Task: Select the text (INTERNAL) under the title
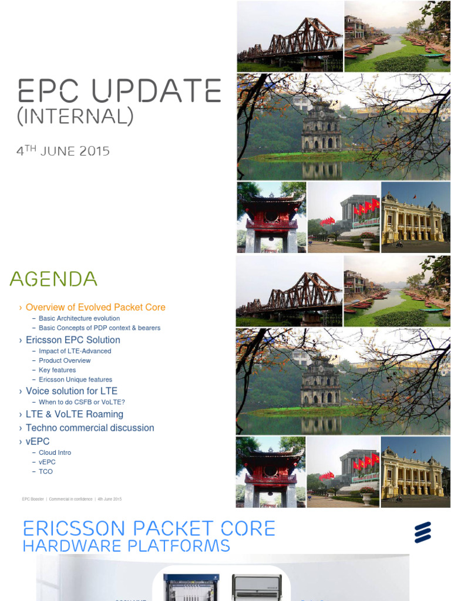point(75,117)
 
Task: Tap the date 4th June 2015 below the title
point(63,151)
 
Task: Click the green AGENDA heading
point(53,279)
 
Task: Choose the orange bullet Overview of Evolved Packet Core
point(95,307)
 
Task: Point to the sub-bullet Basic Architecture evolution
point(79,318)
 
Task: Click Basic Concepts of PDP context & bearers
point(99,327)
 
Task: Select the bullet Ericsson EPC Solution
point(73,340)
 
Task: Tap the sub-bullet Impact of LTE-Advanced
point(75,351)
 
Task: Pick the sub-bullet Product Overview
point(65,360)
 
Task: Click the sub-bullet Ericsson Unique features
point(75,379)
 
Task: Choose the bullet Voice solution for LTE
point(72,391)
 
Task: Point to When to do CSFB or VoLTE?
point(82,402)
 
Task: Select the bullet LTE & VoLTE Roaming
point(75,414)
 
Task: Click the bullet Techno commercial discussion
point(90,428)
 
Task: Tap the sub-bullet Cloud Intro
point(55,453)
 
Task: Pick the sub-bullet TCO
point(46,471)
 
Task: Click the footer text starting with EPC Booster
point(72,499)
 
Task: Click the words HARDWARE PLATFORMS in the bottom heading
point(126,546)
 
